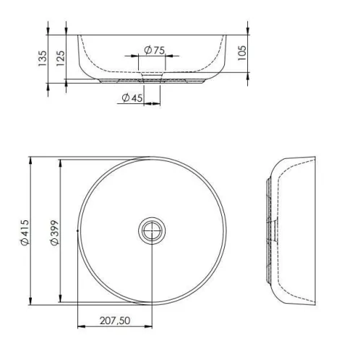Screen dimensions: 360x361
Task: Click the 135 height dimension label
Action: [x=43, y=58]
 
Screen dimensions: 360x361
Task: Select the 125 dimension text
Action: [x=60, y=58]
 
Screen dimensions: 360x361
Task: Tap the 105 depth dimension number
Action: [x=242, y=53]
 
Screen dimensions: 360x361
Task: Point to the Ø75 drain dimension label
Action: [x=155, y=50]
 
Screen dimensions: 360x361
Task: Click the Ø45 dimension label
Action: [x=132, y=97]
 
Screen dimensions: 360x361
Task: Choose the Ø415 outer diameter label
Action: [x=25, y=232]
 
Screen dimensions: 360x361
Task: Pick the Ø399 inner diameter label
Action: [x=55, y=232]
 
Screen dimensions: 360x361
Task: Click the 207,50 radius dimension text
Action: [x=115, y=321]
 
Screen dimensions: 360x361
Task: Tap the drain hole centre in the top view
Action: [x=152, y=230]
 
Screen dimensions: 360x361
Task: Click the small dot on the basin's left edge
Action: [x=77, y=231]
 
